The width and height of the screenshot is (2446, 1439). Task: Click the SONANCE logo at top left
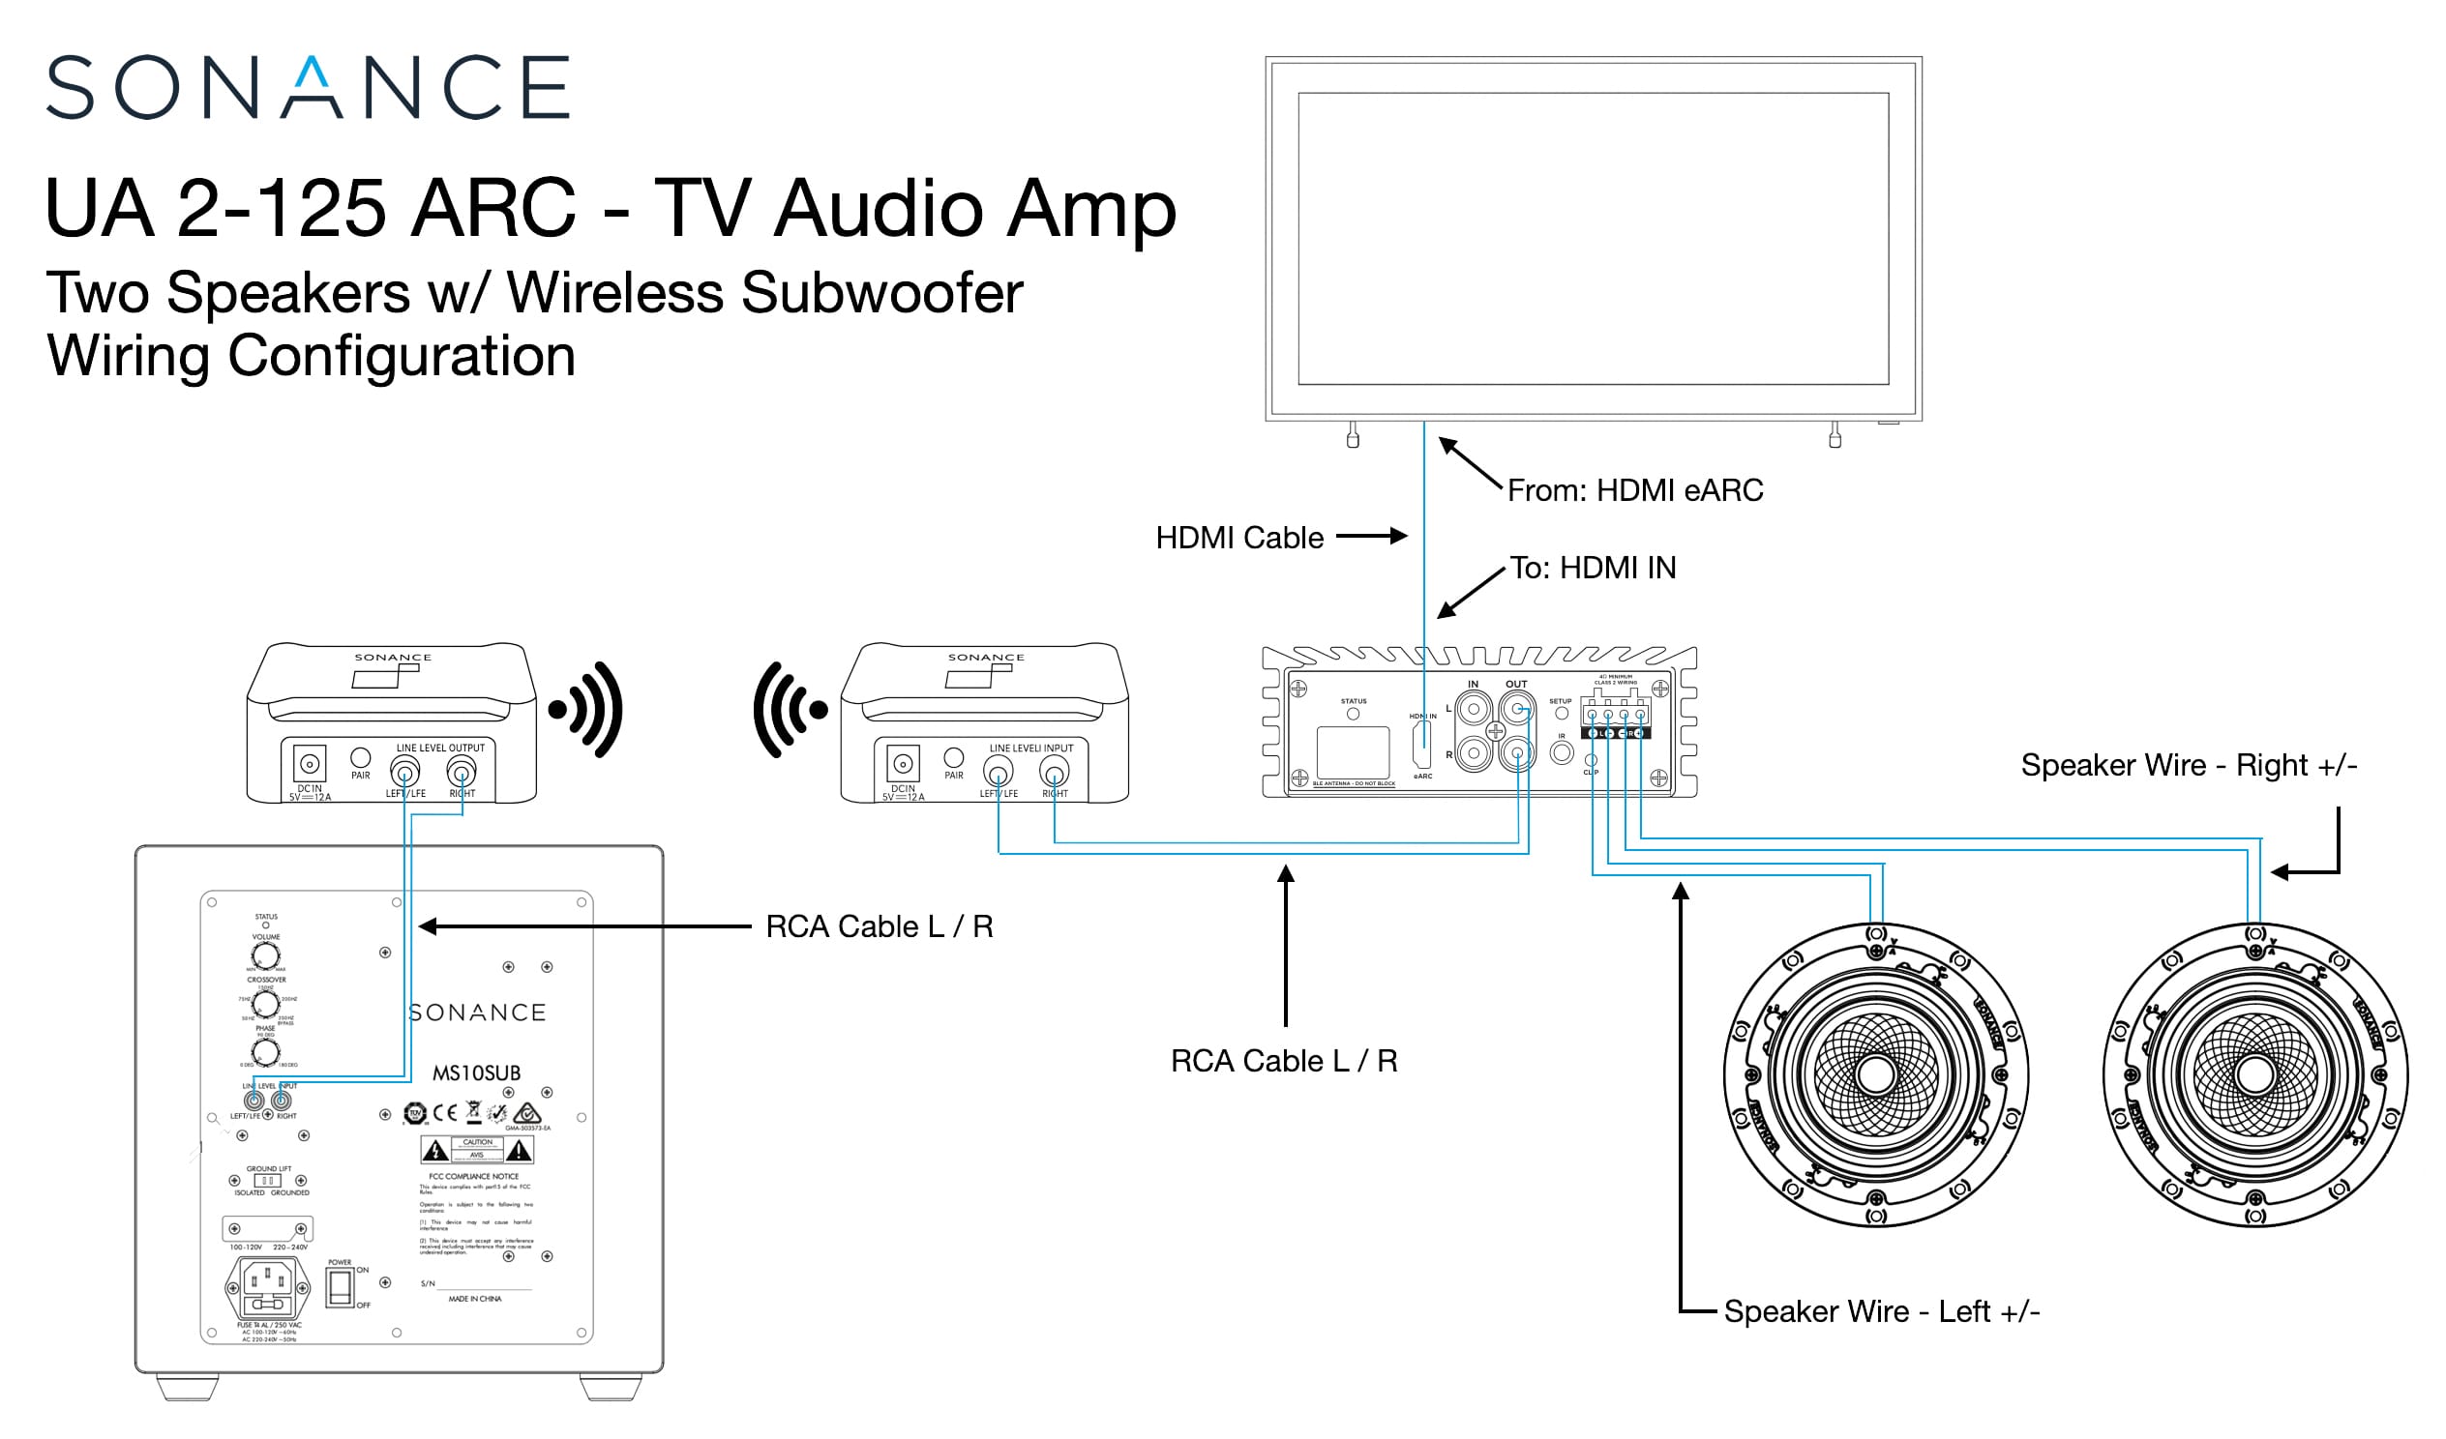coord(308,87)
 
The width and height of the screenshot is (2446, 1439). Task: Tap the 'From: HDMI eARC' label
coord(1634,491)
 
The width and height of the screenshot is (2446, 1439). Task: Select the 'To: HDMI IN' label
coord(1593,569)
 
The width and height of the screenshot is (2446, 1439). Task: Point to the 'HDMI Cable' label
coord(1239,539)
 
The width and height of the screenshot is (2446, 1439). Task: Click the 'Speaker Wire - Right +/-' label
coord(2189,766)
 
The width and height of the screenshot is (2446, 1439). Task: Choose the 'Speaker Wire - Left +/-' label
coord(1881,1312)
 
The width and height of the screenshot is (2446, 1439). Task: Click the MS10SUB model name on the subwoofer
coord(477,1074)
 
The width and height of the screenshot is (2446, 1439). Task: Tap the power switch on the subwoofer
coord(340,1287)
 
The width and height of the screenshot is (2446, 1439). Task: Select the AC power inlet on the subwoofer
coord(267,1287)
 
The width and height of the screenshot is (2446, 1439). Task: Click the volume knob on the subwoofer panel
coord(266,955)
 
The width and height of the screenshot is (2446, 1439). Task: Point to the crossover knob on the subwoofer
coord(266,1004)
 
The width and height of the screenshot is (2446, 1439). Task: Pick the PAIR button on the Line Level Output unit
coord(360,758)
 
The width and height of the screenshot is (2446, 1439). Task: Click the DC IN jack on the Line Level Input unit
coord(903,763)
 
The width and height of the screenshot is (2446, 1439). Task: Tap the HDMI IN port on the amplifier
coord(1423,745)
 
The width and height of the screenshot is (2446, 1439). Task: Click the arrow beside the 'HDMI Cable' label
coord(1371,537)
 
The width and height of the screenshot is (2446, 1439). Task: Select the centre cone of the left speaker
coord(1875,1075)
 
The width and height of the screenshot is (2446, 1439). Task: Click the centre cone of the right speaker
coord(2254,1075)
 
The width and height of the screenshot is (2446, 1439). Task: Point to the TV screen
coord(1593,239)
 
